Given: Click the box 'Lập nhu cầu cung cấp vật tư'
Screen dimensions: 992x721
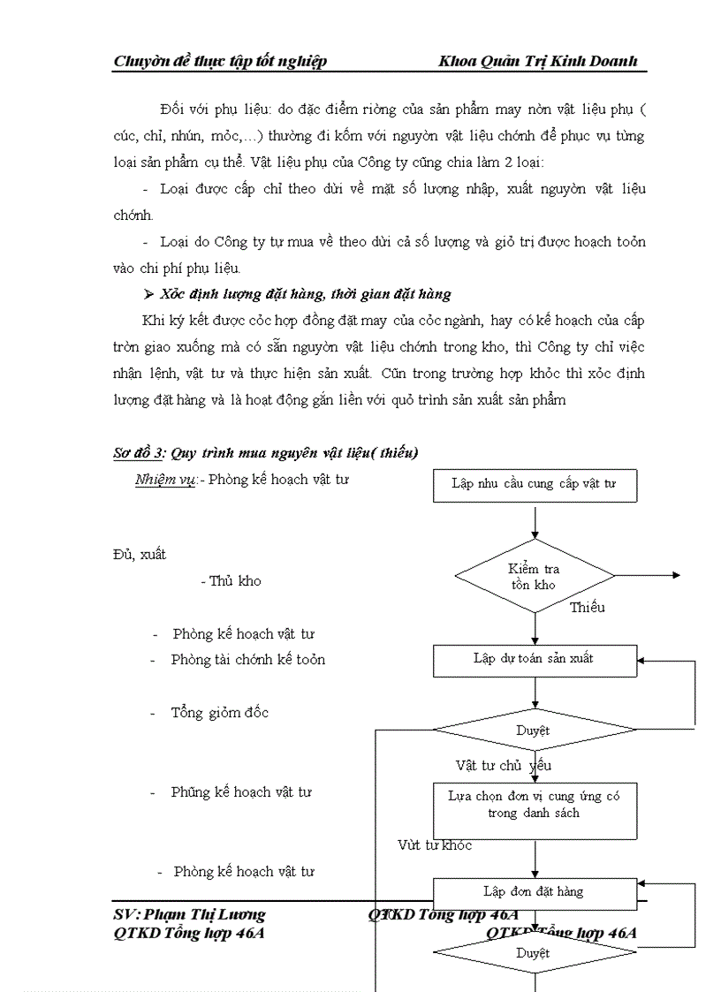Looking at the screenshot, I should [534, 485].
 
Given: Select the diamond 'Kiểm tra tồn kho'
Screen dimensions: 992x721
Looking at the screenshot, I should [534, 576].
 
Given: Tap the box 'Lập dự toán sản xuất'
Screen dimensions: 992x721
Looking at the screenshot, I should [534, 659].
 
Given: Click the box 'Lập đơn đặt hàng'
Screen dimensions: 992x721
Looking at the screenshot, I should [534, 892].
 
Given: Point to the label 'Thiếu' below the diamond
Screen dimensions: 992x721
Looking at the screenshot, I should [587, 608].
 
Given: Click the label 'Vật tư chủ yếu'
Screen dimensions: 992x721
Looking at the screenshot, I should [503, 765].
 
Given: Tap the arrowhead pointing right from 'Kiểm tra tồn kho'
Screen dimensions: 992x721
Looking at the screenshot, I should [676, 575].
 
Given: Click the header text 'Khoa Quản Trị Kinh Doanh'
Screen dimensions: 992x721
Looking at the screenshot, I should [536, 61].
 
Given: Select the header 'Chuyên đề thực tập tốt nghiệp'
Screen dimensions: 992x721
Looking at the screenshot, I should [220, 61].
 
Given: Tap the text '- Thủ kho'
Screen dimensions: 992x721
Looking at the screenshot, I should [230, 581].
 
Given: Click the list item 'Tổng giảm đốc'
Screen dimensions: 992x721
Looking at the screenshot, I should [219, 713].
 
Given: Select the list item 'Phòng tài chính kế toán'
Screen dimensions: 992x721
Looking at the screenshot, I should [247, 660].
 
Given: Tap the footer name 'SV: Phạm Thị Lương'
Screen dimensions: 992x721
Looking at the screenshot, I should [189, 915].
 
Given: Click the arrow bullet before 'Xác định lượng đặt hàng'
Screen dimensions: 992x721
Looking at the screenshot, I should [149, 294].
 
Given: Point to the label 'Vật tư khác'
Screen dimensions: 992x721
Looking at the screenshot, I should [434, 845].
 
